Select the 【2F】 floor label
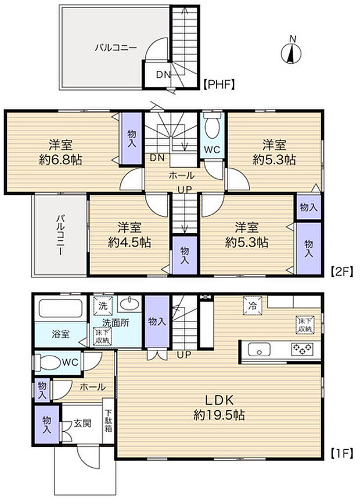340,270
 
